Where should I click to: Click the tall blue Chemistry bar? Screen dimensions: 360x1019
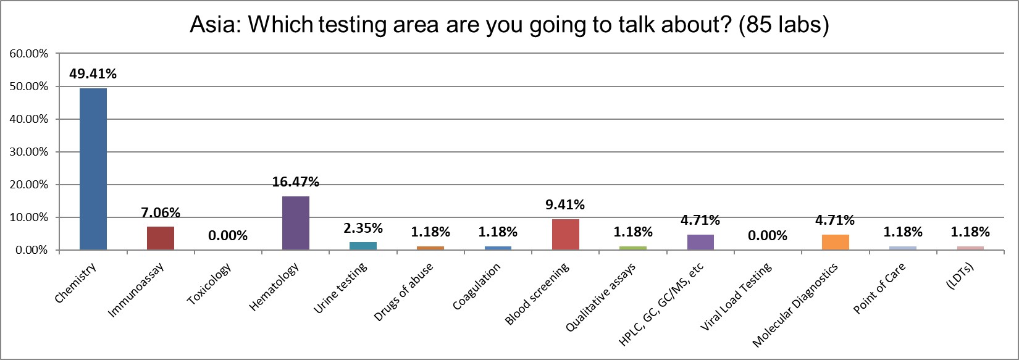(x=93, y=169)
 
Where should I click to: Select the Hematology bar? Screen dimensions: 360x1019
(x=295, y=223)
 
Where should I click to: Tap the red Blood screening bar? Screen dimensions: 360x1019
(x=565, y=235)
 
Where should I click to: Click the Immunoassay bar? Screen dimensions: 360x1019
(x=161, y=238)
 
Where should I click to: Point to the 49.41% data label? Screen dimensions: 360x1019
(x=93, y=74)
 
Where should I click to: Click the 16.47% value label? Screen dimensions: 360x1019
(x=295, y=182)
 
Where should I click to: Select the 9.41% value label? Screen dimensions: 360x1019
(x=565, y=204)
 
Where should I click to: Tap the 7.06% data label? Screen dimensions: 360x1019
(x=161, y=212)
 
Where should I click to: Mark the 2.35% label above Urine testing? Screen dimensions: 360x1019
(x=363, y=228)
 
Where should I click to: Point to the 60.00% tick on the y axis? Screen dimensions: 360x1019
(x=28, y=54)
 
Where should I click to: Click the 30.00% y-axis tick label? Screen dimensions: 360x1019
(x=28, y=152)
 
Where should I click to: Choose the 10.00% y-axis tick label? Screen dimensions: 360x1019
(x=28, y=217)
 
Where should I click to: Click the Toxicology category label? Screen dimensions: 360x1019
(x=210, y=284)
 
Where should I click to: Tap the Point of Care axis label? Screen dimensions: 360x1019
(x=879, y=289)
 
